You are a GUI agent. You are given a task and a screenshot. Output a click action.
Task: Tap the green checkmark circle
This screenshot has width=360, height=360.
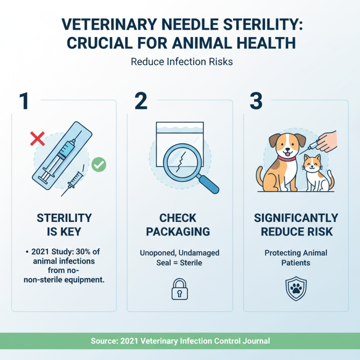pyautogui.click(x=99, y=165)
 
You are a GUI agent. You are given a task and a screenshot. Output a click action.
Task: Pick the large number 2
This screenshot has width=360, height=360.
pyautogui.click(x=140, y=102)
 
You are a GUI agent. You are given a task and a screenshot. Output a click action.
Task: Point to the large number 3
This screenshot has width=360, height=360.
pyautogui.click(x=256, y=102)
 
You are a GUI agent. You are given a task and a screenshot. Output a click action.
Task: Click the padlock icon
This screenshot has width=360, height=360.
pyautogui.click(x=180, y=289)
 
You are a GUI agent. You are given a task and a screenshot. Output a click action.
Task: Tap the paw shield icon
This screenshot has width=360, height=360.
pyautogui.click(x=296, y=289)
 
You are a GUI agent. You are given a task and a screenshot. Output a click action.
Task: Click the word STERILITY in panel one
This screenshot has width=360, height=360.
pyautogui.click(x=64, y=219)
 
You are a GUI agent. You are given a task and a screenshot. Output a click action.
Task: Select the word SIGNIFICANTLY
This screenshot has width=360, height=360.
pyautogui.click(x=296, y=219)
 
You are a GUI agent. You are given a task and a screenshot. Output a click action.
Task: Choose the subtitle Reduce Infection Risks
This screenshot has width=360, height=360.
pyautogui.click(x=182, y=61)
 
